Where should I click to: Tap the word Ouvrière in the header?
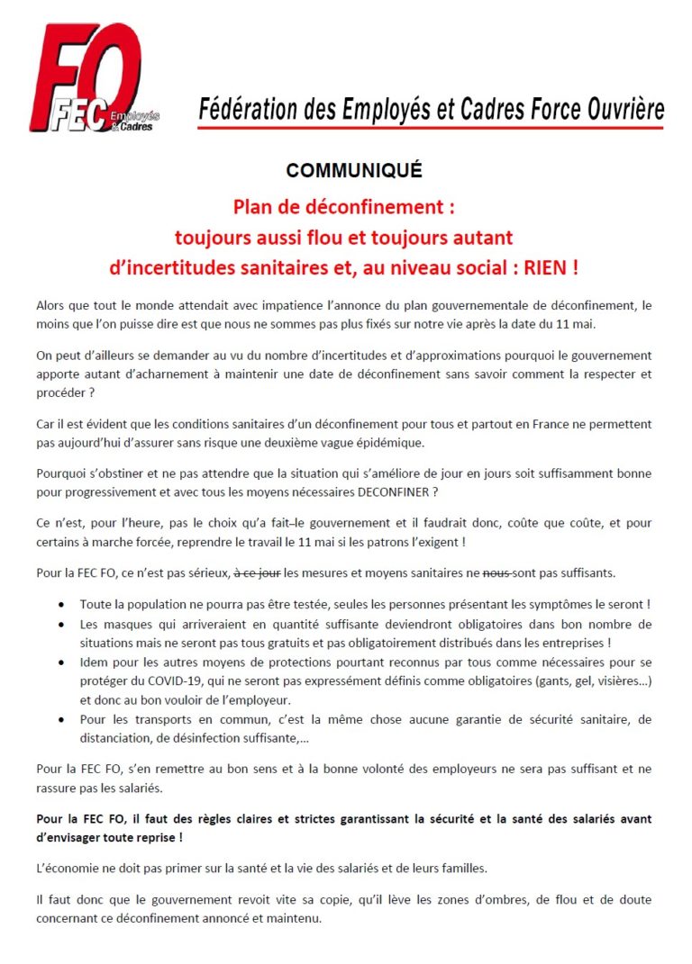(622, 110)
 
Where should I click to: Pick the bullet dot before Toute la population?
(59, 604)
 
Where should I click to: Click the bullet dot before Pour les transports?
(59, 719)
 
